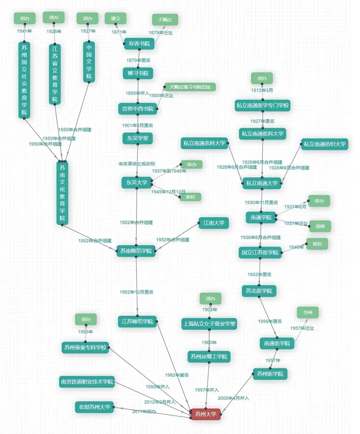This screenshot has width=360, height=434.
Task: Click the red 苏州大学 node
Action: (206, 414)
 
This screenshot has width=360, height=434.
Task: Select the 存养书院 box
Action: (139, 43)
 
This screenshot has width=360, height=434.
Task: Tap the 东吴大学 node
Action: (137, 182)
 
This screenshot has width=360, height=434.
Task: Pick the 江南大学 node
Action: (214, 223)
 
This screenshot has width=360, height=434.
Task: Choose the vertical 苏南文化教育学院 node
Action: (62, 193)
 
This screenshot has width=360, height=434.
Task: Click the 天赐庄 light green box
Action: (165, 20)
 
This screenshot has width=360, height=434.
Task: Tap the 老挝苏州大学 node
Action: (94, 407)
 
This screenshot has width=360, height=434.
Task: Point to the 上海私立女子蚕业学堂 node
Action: (209, 324)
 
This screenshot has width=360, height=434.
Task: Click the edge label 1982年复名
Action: (176, 375)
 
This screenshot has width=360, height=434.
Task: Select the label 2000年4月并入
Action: (233, 398)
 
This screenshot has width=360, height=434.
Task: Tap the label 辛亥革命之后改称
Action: (137, 164)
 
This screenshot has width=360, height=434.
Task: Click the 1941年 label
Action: (25, 31)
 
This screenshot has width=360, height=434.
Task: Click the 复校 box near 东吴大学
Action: (190, 197)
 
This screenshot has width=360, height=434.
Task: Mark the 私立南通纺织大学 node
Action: (324, 145)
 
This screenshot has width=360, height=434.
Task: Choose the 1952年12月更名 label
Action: (137, 292)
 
